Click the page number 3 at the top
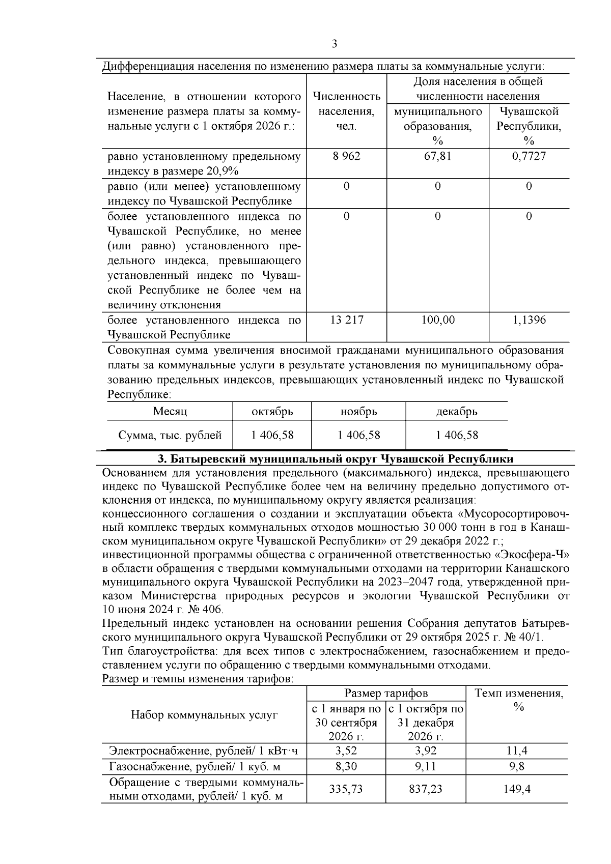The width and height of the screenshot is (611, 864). [334, 44]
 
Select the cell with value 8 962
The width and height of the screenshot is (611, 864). [346, 156]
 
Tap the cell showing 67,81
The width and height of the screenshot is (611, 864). [437, 156]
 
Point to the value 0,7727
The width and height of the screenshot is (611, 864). [529, 156]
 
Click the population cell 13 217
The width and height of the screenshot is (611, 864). [346, 320]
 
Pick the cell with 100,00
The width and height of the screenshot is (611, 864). [438, 320]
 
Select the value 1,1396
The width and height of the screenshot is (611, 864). [529, 320]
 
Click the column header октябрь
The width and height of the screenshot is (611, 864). [272, 411]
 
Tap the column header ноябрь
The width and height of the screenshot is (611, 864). [358, 411]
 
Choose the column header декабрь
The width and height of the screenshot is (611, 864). [456, 411]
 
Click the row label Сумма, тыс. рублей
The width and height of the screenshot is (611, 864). [170, 436]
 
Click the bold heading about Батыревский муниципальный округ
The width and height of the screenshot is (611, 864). [335, 459]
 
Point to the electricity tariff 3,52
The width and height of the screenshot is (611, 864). [346, 751]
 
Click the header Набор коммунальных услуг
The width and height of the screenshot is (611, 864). [204, 715]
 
